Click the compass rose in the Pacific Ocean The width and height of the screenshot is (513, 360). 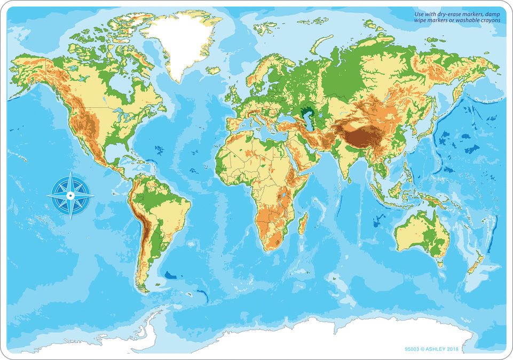pyautogui.click(x=70, y=196)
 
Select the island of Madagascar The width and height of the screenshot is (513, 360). pyautogui.click(x=303, y=223)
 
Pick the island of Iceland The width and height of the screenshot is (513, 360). pyautogui.click(x=213, y=70)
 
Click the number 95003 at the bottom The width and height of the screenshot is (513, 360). pyautogui.click(x=414, y=349)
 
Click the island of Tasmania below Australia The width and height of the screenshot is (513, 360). pyautogui.click(x=440, y=262)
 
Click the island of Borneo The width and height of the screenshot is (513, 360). pyautogui.click(x=397, y=189)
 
